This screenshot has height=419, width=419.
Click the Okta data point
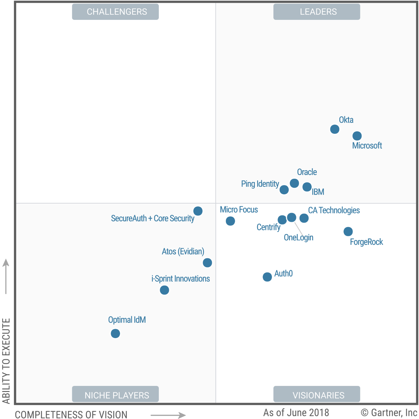click(334, 129)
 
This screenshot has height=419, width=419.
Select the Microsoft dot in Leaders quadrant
click(357, 136)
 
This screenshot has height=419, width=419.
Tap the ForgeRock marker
click(348, 231)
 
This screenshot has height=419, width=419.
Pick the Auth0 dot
click(267, 277)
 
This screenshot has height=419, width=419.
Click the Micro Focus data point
click(230, 221)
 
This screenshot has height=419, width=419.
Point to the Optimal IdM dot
click(115, 333)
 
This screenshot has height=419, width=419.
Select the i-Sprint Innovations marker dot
click(164, 290)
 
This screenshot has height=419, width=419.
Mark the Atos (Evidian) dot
click(207, 263)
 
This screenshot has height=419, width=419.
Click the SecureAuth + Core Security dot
click(198, 211)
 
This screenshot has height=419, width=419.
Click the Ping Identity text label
click(260, 184)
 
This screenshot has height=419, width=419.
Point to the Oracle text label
click(307, 172)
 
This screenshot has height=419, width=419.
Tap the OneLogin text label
click(298, 238)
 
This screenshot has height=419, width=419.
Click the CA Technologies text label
click(334, 210)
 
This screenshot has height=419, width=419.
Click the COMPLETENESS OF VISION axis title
click(71, 414)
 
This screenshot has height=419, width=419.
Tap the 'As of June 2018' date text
click(296, 412)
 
